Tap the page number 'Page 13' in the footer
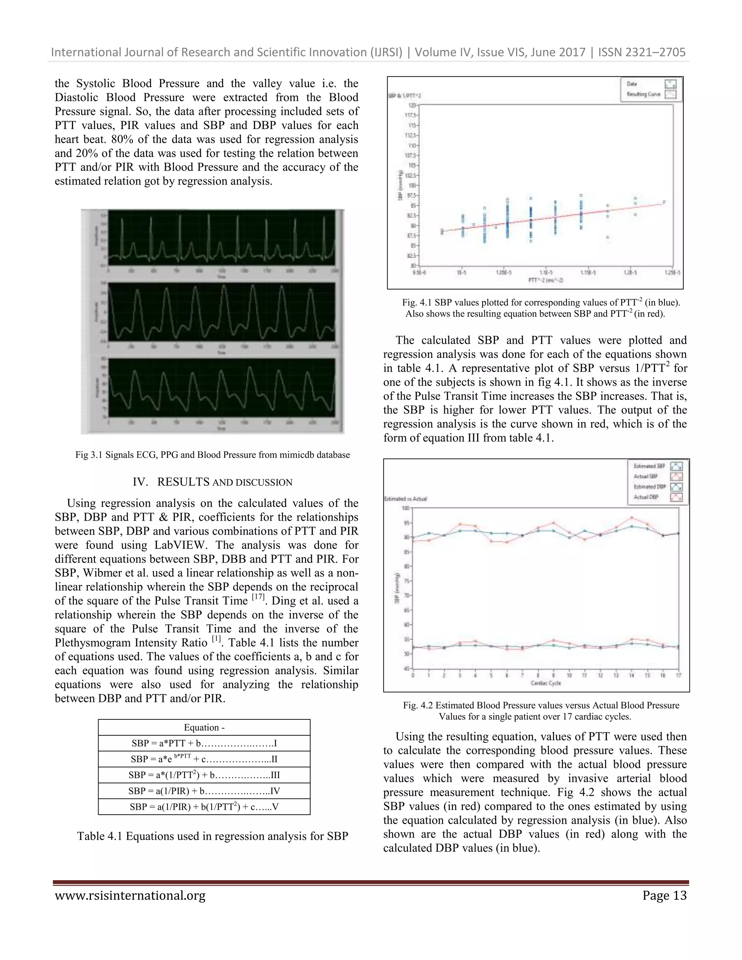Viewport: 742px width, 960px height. pyautogui.click(x=664, y=896)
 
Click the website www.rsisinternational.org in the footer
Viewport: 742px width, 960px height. pyautogui.click(x=130, y=896)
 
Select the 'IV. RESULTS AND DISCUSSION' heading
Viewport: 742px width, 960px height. pyautogui.click(x=212, y=482)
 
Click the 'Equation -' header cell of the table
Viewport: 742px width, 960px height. pyautogui.click(x=204, y=727)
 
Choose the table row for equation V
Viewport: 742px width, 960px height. pyautogui.click(x=204, y=807)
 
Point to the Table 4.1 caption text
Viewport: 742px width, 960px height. pyautogui.click(x=212, y=836)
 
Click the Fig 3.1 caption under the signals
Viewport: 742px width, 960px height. pyautogui.click(x=212, y=455)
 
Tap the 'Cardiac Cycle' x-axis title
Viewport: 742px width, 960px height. pyautogui.click(x=546, y=683)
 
